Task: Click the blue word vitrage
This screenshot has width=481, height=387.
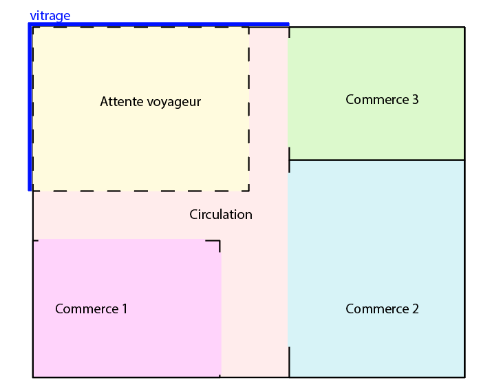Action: point(50,16)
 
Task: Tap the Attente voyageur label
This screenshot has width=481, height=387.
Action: point(150,102)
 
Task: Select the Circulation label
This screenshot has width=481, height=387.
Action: point(221,215)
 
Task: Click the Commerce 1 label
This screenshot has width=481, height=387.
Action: point(91,309)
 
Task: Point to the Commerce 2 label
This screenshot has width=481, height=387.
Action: point(382,309)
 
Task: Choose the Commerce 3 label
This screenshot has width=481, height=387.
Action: point(382,100)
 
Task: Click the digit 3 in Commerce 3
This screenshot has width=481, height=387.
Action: point(415,100)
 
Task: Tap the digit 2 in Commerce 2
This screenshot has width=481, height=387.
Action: point(415,309)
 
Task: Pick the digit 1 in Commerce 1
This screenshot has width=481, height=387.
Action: point(125,309)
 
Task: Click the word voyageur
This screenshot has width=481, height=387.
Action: point(174,103)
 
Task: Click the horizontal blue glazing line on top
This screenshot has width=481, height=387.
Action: point(158,24)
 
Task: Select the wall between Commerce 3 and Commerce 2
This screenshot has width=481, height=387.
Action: point(376,160)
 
